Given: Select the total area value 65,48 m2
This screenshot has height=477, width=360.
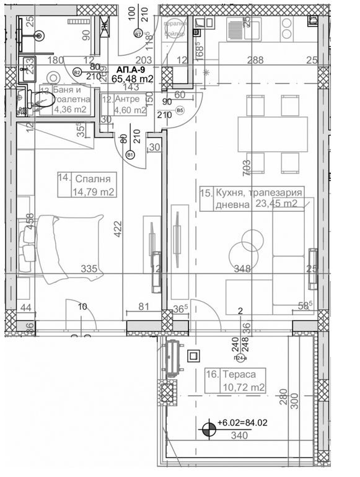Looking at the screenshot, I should tap(131, 79).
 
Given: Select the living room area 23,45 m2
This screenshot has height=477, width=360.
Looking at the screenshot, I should tap(275, 203).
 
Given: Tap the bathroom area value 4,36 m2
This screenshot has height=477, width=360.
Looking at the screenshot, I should tap(70, 110).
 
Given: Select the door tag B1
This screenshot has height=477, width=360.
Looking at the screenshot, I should tap(130, 154).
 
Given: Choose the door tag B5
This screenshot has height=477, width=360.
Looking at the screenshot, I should tap(180, 111).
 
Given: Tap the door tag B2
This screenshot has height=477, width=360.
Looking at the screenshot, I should tap(77, 72).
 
